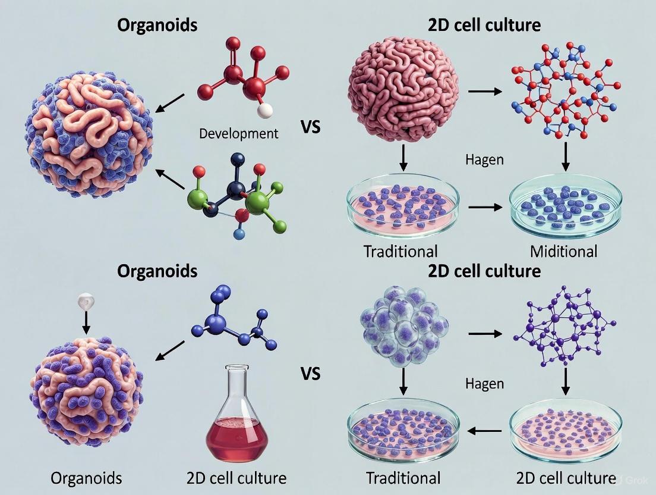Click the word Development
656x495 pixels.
pyautogui.click(x=238, y=133)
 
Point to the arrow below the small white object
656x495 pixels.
pyautogui.click(x=86, y=321)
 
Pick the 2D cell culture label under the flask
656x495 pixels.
pyautogui.click(x=236, y=478)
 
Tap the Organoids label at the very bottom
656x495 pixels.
pyautogui.click(x=86, y=478)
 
